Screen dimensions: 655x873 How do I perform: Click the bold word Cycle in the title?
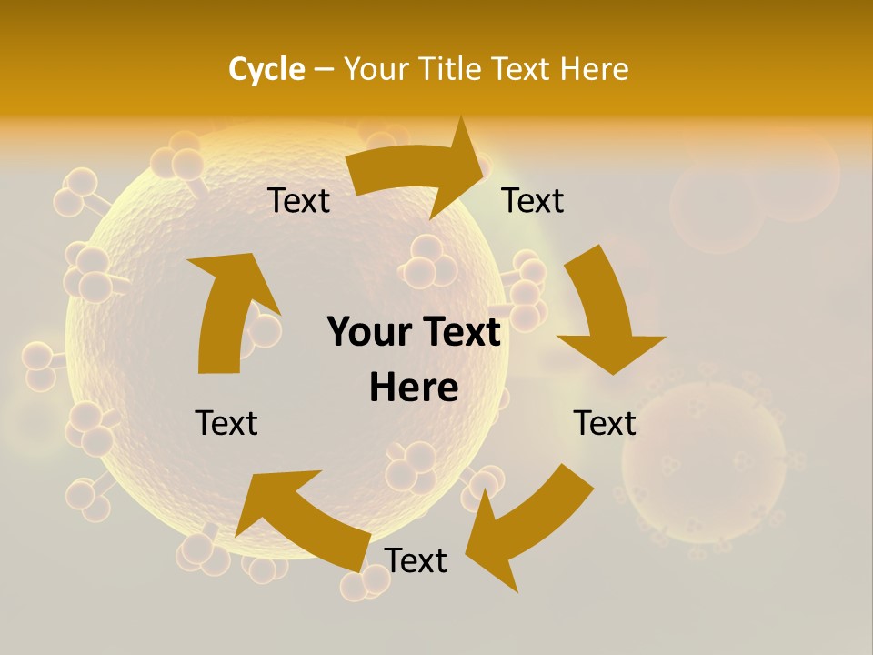266,69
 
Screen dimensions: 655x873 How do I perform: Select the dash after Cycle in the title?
324,69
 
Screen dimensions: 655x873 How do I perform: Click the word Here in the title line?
593,69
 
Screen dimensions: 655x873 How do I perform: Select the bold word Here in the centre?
414,388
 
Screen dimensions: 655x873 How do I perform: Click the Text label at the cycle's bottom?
416,561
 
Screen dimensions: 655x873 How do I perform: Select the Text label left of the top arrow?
299,201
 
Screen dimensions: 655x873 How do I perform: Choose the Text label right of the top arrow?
533,201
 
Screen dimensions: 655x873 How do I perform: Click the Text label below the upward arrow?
226,423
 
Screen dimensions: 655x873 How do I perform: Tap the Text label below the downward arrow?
605,423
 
